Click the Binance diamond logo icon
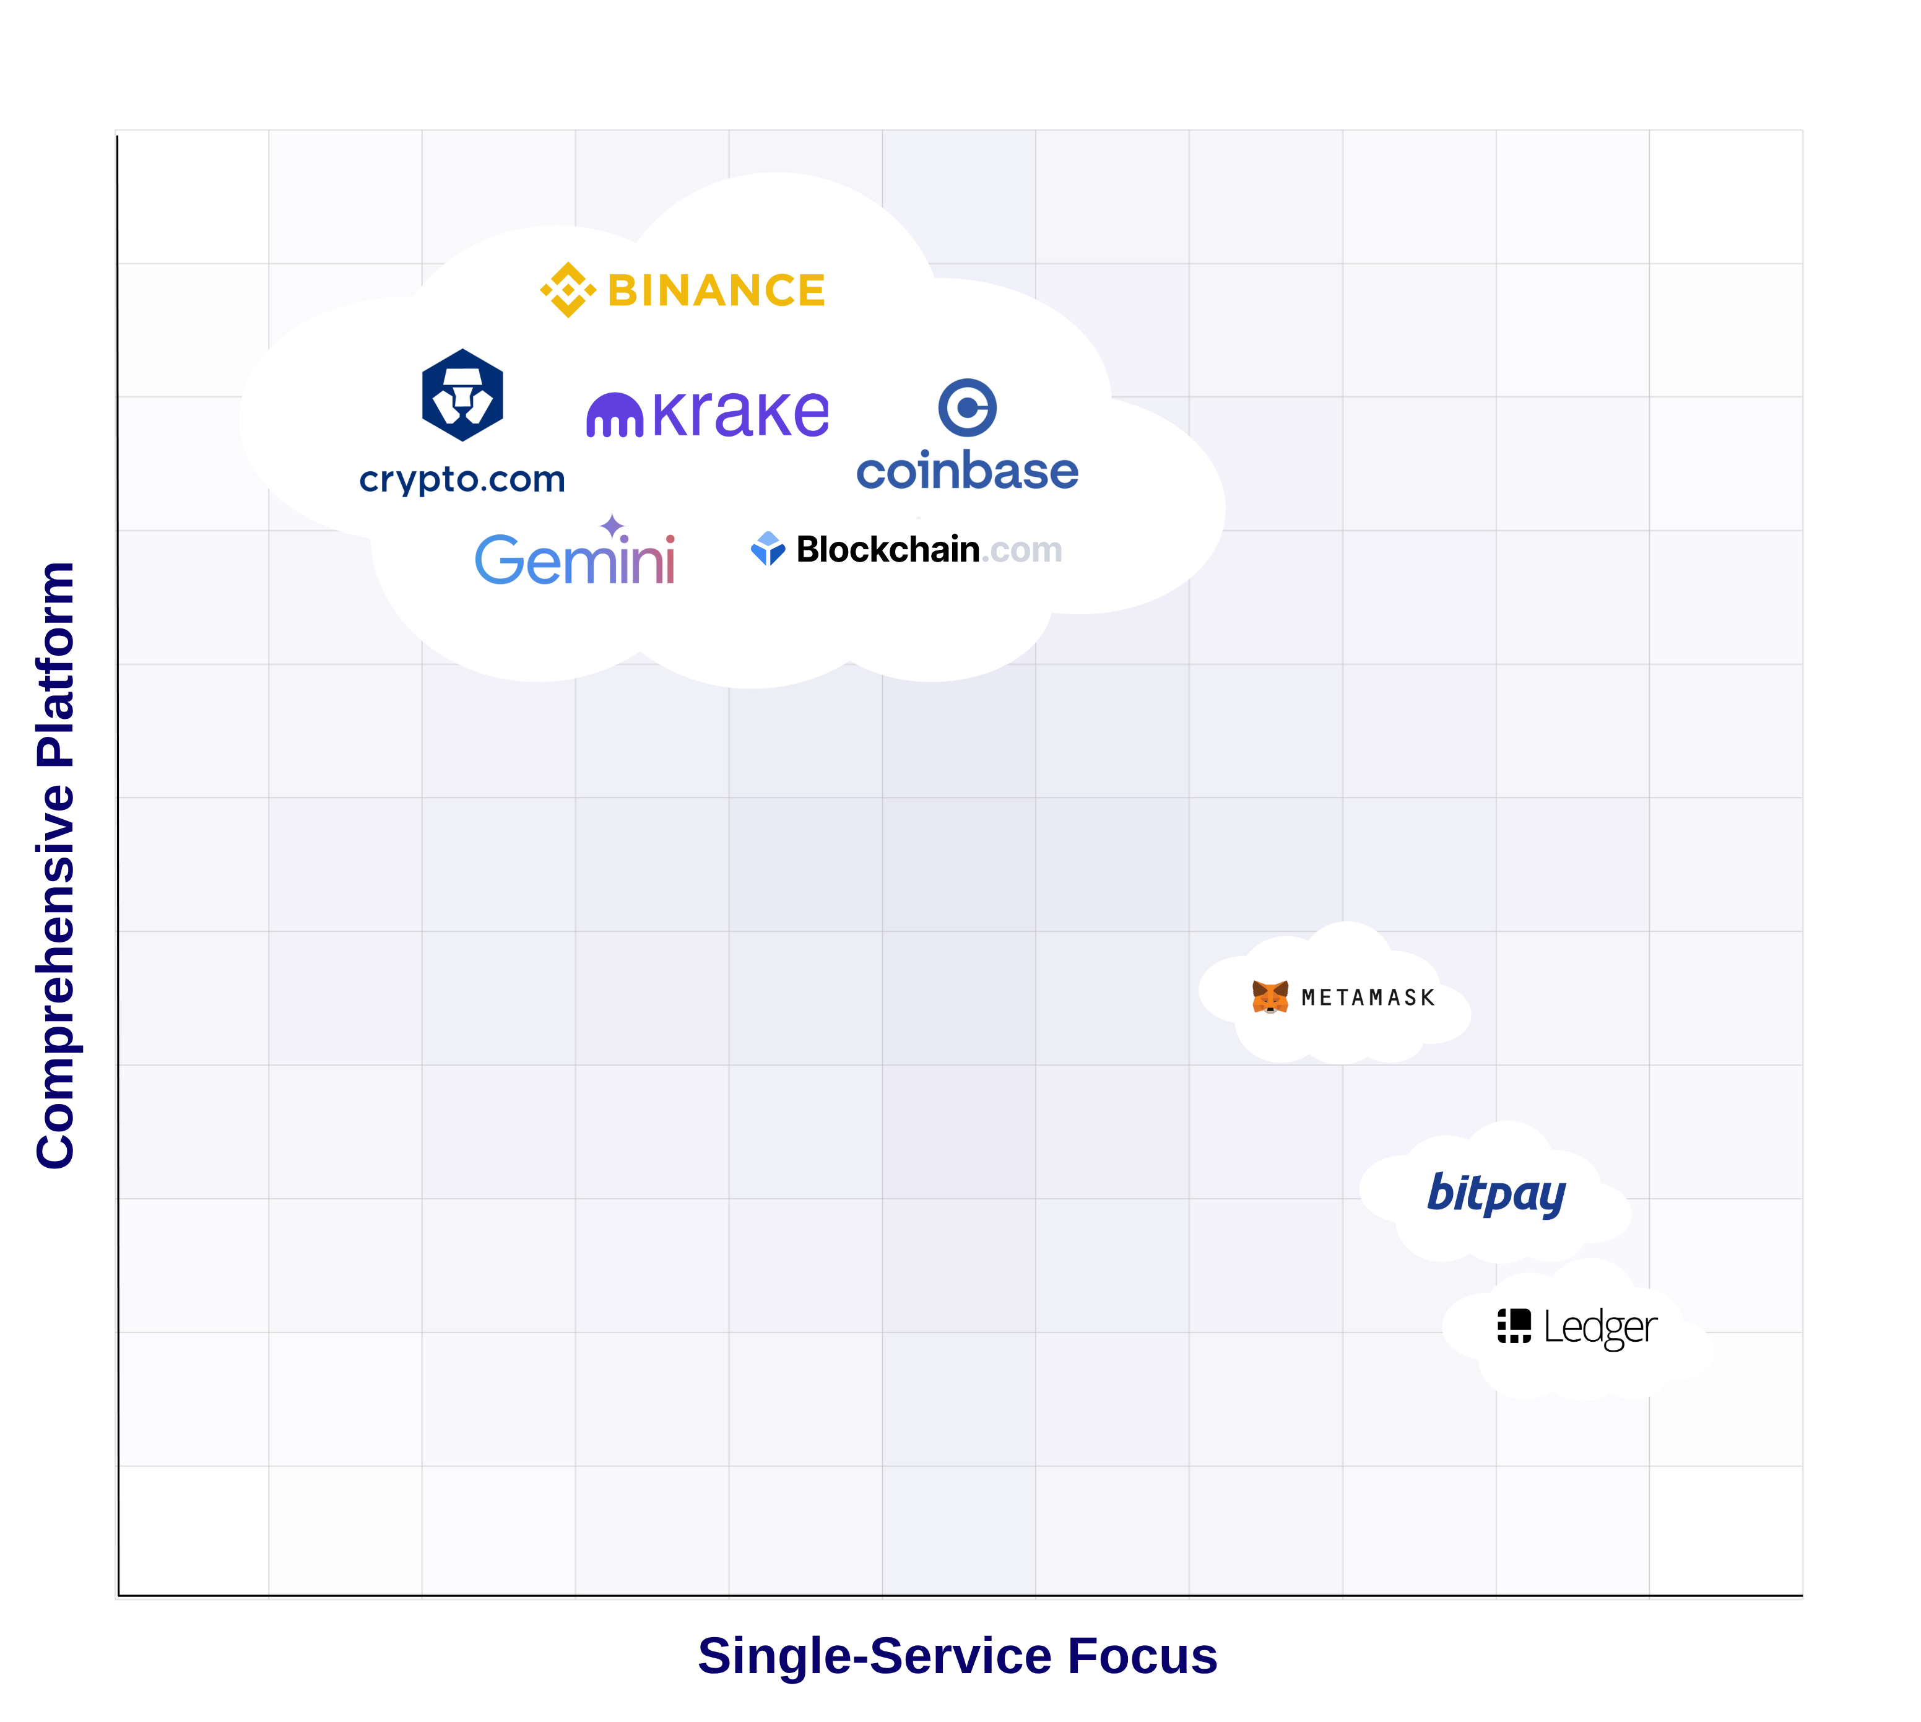568,290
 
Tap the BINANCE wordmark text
716,290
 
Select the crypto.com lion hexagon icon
462,394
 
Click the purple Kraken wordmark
740,414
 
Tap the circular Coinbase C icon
966,408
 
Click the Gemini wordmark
574,560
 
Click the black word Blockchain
887,549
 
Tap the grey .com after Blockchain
1021,550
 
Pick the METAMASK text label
1368,998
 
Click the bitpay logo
1496,1193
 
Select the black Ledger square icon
1514,1326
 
